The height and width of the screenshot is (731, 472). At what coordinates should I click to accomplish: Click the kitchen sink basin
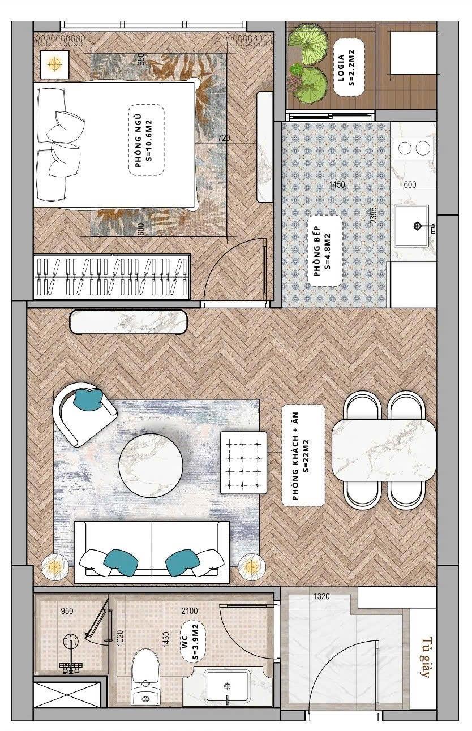coord(411,226)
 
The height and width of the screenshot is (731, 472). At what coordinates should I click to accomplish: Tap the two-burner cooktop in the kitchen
coord(414,148)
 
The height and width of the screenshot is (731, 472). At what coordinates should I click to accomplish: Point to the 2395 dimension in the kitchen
coord(374,216)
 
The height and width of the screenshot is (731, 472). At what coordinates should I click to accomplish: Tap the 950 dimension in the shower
coord(67,610)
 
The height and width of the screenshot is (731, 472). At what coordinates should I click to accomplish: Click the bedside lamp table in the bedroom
coord(54,64)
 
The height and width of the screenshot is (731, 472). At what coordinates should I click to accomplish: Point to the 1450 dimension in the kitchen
coord(337,184)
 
